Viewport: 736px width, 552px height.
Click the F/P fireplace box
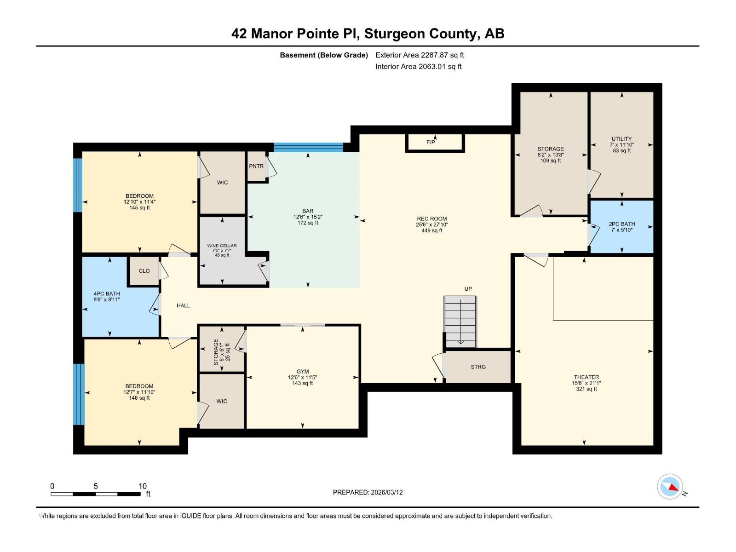[x=435, y=143]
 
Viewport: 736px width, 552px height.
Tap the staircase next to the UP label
[x=460, y=322]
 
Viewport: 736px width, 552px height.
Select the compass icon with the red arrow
[x=670, y=487]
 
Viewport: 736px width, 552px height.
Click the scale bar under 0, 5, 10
[x=96, y=494]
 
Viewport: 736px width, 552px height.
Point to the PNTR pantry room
[x=257, y=166]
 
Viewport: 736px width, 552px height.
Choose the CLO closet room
[x=144, y=271]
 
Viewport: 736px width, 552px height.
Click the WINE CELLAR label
[x=222, y=246]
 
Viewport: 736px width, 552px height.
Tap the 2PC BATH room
[x=621, y=227]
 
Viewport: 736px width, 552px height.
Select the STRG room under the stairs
[x=478, y=367]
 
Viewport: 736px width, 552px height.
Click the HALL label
[x=184, y=305]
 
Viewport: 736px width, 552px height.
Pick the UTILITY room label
[x=621, y=139]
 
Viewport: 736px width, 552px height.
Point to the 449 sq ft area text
[x=432, y=230]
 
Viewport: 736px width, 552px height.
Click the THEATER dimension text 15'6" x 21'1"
[x=586, y=383]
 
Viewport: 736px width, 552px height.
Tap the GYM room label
[x=302, y=371]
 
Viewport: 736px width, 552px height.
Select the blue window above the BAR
[x=308, y=148]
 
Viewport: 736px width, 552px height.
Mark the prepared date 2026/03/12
[x=386, y=492]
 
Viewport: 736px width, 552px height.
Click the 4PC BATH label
[x=107, y=293]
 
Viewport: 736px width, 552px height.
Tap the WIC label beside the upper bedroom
[x=222, y=183]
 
